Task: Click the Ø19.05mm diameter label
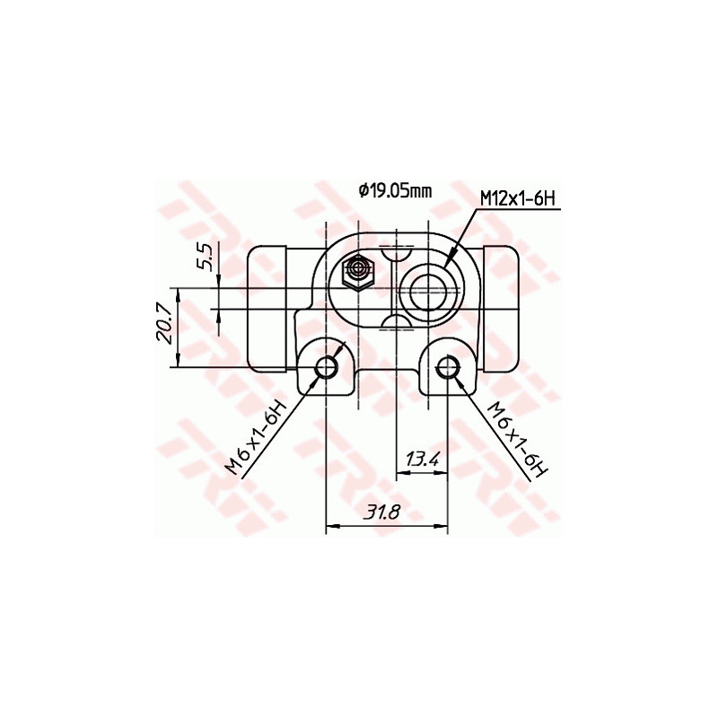click(x=395, y=191)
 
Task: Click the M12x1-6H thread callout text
click(x=518, y=199)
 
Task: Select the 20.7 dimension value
click(x=164, y=326)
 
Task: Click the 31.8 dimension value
click(x=381, y=511)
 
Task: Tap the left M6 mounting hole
click(x=326, y=367)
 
